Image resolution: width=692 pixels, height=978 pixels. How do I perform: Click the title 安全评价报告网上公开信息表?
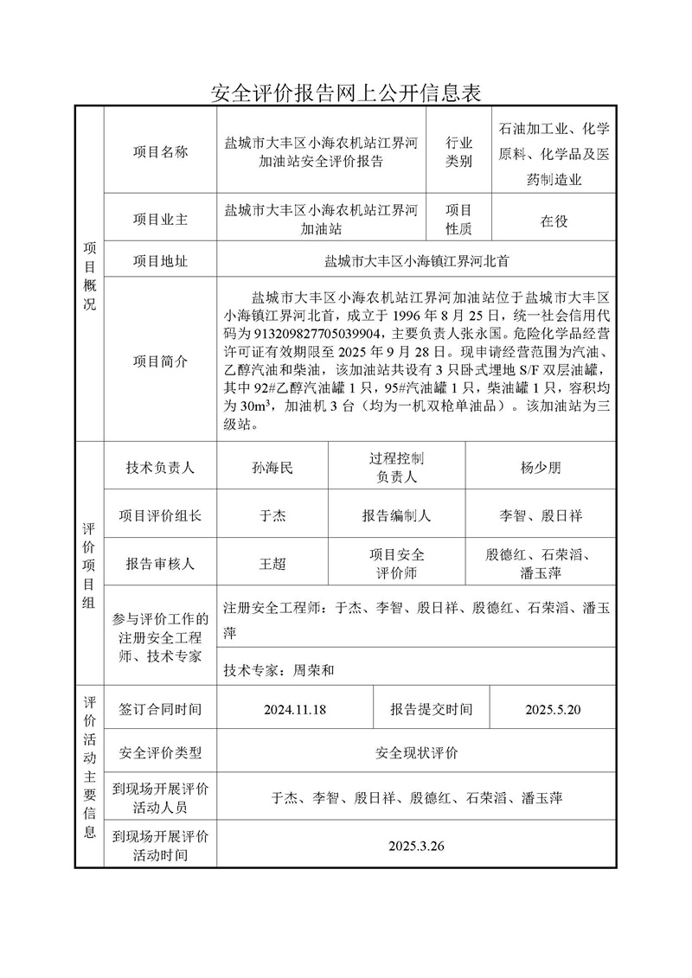coord(345,92)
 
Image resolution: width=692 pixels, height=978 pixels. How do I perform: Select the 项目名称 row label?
coord(160,151)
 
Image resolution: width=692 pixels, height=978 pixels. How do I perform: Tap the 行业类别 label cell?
coord(458,151)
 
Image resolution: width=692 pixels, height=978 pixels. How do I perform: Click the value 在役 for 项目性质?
coord(554,221)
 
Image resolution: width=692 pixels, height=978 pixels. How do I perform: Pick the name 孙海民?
coord(272,468)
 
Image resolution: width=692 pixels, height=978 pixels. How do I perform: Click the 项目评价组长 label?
coord(160,516)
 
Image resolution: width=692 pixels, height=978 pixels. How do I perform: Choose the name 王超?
coord(272,564)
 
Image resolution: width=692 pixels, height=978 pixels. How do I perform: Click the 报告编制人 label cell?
coord(396,516)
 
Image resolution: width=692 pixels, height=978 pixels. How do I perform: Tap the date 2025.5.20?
coord(553,710)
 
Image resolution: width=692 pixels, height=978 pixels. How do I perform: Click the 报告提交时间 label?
coord(431,710)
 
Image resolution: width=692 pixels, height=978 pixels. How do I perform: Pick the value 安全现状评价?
coord(416,753)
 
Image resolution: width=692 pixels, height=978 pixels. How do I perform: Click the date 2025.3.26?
coord(416,846)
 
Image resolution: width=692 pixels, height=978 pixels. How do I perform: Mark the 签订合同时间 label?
coord(160,710)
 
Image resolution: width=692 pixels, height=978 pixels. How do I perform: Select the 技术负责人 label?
coord(160,468)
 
